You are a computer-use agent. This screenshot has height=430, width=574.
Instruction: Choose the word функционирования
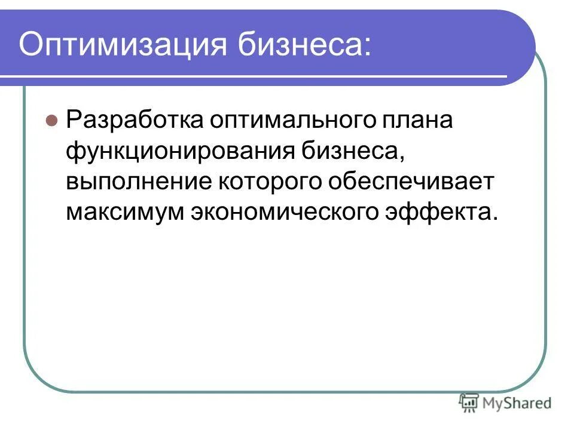tap(183, 150)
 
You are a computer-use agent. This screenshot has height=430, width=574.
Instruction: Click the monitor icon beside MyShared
tap(469, 403)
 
